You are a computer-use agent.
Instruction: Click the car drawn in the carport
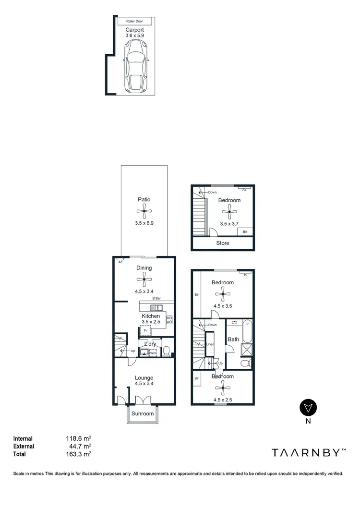(137, 65)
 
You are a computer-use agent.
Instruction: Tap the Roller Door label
(135, 22)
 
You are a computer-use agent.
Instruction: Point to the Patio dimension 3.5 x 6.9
(144, 223)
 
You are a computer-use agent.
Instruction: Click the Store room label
(223, 243)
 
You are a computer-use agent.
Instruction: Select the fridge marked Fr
(145, 330)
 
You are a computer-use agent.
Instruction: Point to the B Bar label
(156, 299)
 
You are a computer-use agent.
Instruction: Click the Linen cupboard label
(209, 344)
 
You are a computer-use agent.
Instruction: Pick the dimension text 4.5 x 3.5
(223, 305)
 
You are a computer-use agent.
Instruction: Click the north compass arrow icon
(308, 407)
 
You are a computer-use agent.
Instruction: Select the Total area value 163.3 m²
(78, 454)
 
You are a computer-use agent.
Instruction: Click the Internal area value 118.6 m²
(78, 438)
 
